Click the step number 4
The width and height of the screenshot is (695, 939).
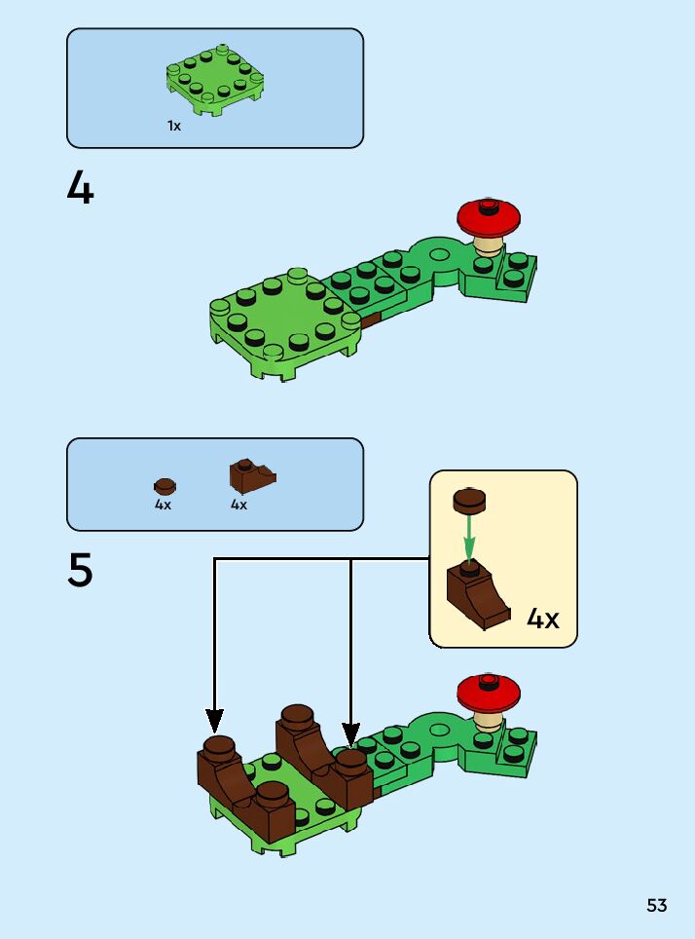click(x=81, y=188)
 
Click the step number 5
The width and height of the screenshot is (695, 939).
click(x=81, y=571)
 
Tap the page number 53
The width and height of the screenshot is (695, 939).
click(x=657, y=906)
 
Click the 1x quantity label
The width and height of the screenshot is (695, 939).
click(x=173, y=127)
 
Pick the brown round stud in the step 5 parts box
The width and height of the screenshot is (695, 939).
click(x=165, y=485)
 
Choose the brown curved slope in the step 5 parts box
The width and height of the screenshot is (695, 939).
click(x=251, y=475)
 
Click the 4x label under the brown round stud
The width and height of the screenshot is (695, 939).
click(x=163, y=506)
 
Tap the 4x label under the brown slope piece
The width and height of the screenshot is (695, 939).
click(x=238, y=506)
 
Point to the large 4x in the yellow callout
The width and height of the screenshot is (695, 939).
click(x=543, y=619)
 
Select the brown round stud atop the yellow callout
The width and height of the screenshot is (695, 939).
click(x=470, y=501)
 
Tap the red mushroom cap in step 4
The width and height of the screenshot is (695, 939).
click(x=491, y=215)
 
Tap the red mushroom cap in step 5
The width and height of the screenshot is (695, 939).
click(x=490, y=691)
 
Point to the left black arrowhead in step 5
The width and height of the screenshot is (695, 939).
click(x=214, y=721)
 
